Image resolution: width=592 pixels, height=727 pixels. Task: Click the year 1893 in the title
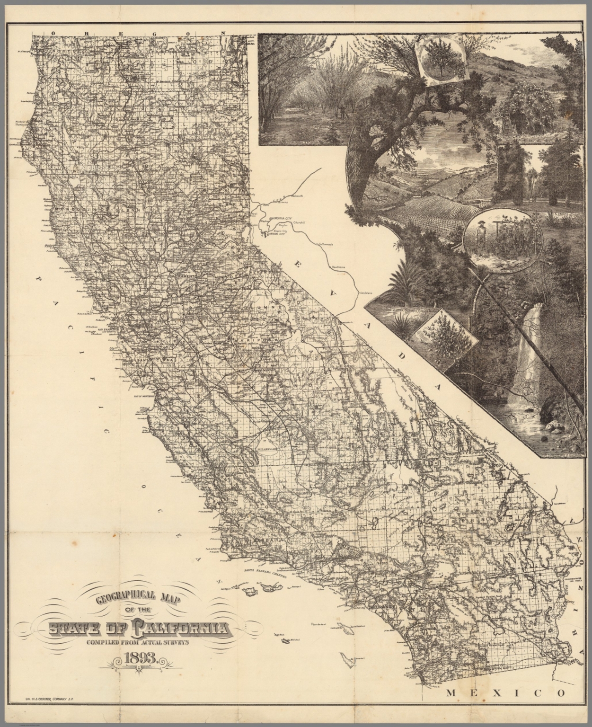click(141, 658)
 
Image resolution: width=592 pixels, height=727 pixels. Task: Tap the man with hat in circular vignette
click(481, 236)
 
